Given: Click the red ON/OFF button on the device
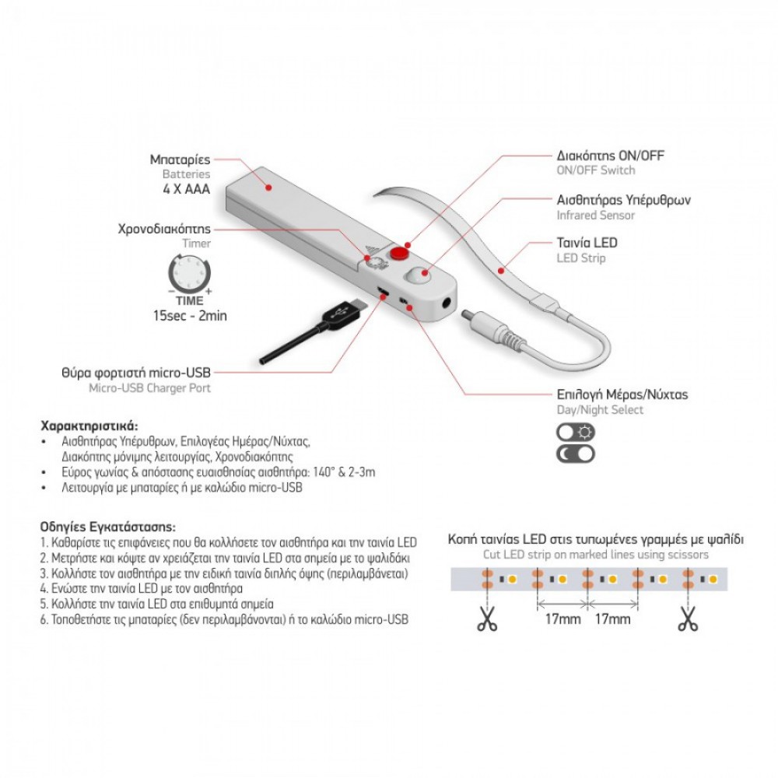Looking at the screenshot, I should coord(400,252).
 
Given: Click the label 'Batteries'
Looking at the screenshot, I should coord(186,174).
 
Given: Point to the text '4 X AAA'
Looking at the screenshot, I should coord(185,189).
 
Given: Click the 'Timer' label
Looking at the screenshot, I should coord(197,244).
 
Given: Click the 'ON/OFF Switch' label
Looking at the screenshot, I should coord(596,170).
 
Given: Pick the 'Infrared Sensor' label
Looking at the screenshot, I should coord(596,215).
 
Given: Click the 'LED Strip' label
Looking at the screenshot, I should coord(581,258).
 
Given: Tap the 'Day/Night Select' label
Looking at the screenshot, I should coord(600,410).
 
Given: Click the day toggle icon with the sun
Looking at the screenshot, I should coord(575,433).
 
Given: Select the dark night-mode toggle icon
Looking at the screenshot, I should coord(575,454).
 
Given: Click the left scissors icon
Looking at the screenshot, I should coord(488,620).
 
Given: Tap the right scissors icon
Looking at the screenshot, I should coord(688,620).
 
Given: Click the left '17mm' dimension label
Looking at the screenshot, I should coord(562,619).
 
